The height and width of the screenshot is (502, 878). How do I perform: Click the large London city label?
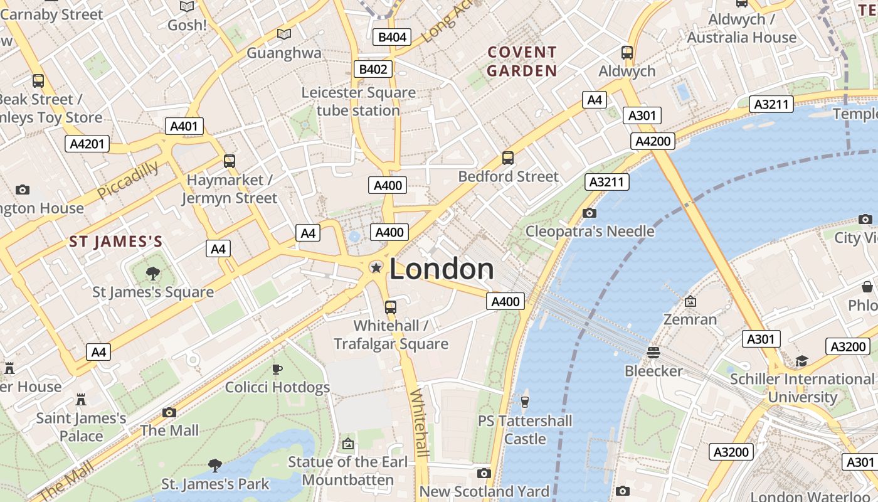pyautogui.click(x=442, y=269)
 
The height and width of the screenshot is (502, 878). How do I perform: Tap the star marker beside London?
pyautogui.click(x=376, y=268)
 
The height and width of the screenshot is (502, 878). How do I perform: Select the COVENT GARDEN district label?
pyautogui.click(x=522, y=61)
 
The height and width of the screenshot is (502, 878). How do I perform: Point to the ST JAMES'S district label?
pyautogui.click(x=116, y=242)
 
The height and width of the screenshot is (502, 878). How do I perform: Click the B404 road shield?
pyautogui.click(x=392, y=37)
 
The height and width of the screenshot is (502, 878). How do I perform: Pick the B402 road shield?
pyautogui.click(x=373, y=69)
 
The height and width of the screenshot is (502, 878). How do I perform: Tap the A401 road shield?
pyautogui.click(x=184, y=126)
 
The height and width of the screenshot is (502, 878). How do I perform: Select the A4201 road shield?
pyautogui.click(x=87, y=144)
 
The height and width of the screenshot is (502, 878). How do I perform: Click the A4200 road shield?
pyautogui.click(x=653, y=141)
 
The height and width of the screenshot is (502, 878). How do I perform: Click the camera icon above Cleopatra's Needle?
pyautogui.click(x=589, y=213)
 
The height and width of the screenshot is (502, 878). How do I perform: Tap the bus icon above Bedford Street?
pyautogui.click(x=508, y=158)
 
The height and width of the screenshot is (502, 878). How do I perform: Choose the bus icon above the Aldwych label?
pyautogui.click(x=627, y=53)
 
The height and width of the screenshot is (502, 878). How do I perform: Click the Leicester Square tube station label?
pyautogui.click(x=358, y=102)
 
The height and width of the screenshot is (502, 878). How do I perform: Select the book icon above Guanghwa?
pyautogui.click(x=284, y=35)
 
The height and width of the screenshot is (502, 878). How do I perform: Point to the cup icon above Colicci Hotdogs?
pyautogui.click(x=277, y=368)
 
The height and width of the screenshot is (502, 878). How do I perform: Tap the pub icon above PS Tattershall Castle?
pyautogui.click(x=525, y=401)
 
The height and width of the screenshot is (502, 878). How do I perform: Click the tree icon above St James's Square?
pyautogui.click(x=152, y=273)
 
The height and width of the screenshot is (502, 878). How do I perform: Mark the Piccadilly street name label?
pyautogui.click(x=128, y=180)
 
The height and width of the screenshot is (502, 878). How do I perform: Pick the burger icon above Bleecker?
pyautogui.click(x=653, y=352)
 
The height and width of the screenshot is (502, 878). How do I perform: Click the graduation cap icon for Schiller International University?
pyautogui.click(x=802, y=360)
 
